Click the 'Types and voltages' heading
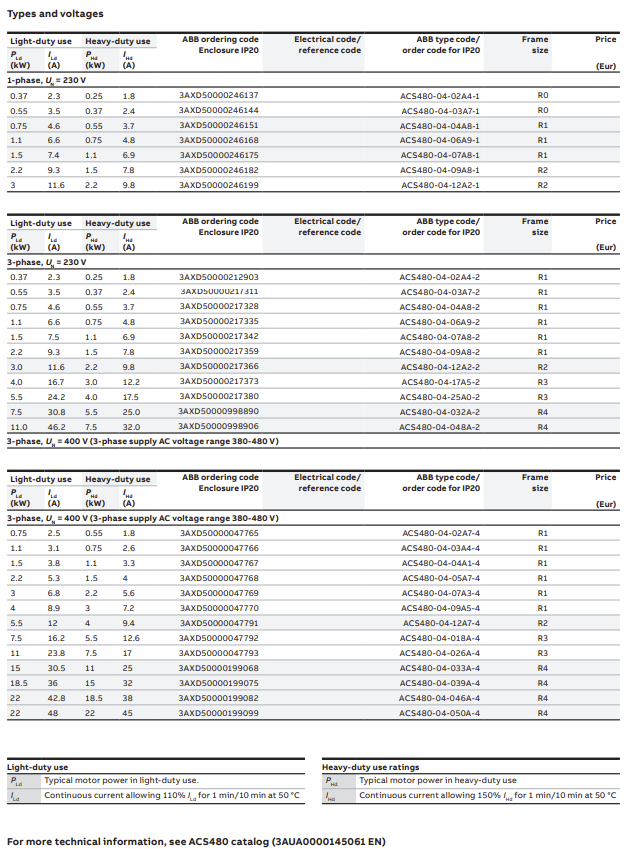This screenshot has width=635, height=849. click(x=55, y=14)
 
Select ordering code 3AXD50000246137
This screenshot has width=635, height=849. click(x=218, y=95)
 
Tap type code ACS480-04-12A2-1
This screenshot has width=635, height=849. click(x=440, y=185)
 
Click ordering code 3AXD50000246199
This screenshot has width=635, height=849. click(x=218, y=185)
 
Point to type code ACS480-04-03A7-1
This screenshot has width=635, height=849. click(x=440, y=110)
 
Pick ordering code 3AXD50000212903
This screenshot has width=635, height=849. click(x=218, y=277)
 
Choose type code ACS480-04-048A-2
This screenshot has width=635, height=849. click(x=440, y=427)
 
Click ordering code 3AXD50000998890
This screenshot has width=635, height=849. click(x=218, y=411)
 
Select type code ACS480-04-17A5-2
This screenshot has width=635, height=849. click(x=440, y=382)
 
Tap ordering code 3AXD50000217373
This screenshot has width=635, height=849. click(x=218, y=381)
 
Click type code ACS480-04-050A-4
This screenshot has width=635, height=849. click(x=440, y=713)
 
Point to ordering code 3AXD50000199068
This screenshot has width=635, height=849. click(x=218, y=668)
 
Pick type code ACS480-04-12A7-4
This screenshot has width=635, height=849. click(x=440, y=623)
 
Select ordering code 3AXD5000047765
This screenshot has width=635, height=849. click(x=218, y=533)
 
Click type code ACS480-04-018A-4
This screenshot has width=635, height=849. click(x=440, y=638)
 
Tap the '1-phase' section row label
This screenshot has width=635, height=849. click(x=45, y=79)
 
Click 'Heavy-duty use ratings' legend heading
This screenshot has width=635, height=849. click(x=370, y=767)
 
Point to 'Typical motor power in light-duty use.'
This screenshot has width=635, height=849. click(x=120, y=781)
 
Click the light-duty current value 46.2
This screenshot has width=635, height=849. click(x=54, y=427)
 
